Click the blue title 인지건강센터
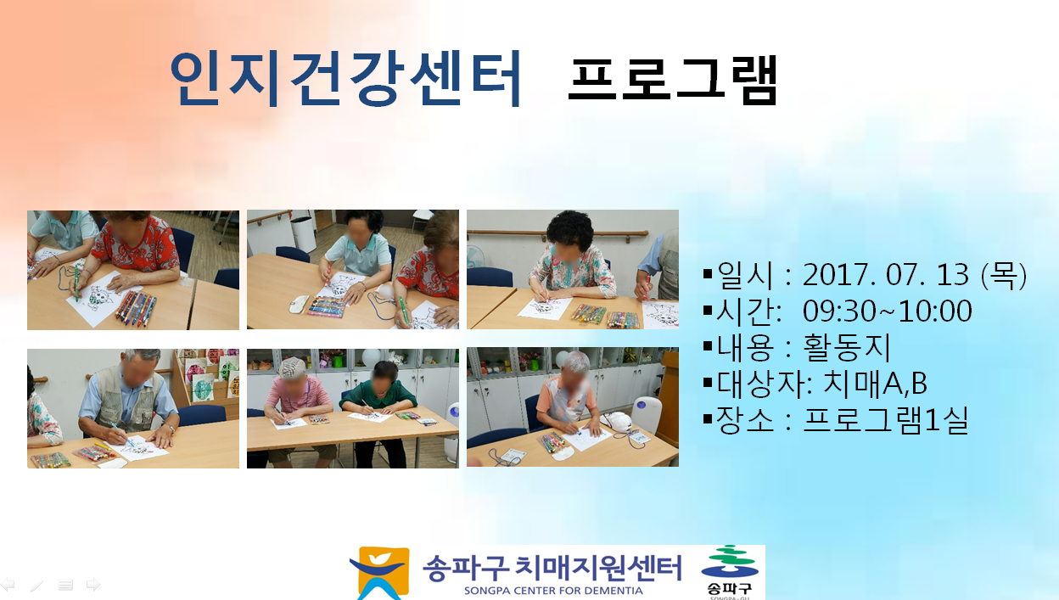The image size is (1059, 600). pyautogui.click(x=345, y=78)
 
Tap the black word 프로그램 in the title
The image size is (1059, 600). pyautogui.click(x=673, y=80)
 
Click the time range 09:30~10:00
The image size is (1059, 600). pyautogui.click(x=887, y=311)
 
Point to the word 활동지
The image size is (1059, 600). pyautogui.click(x=847, y=347)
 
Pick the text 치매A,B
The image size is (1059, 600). pyautogui.click(x=875, y=384)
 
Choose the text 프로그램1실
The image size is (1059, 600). pyautogui.click(x=886, y=420)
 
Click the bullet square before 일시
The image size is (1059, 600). pyautogui.click(x=707, y=274)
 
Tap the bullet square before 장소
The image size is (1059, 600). pyautogui.click(x=707, y=419)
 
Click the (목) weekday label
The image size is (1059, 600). pyautogui.click(x=1005, y=275)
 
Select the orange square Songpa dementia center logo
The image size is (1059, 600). pyautogui.click(x=380, y=573)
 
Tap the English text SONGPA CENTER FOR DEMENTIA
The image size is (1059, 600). pyautogui.click(x=553, y=591)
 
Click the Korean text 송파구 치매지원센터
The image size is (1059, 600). pyautogui.click(x=552, y=568)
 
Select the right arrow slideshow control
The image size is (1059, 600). pyautogui.click(x=93, y=585)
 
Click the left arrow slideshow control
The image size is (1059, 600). pyautogui.click(x=8, y=585)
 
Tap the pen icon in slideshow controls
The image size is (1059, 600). pyautogui.click(x=36, y=586)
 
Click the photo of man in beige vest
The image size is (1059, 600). pyautogui.click(x=133, y=408)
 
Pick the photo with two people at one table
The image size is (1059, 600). pyautogui.click(x=353, y=408)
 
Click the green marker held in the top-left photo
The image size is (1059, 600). pyautogui.click(x=76, y=283)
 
